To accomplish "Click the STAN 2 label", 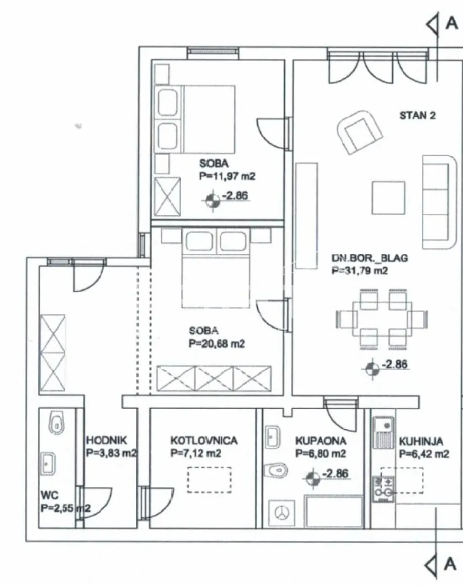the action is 417,116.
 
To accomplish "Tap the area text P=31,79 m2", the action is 360,271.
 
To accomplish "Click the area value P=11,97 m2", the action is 227,176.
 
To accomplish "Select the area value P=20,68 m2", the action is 217,344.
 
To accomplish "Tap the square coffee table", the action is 388,197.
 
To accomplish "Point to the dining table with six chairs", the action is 382,319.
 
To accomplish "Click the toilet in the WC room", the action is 56,424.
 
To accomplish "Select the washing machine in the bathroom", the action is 282,513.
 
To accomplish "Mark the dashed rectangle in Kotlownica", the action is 209,480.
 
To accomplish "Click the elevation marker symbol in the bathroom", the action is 312,479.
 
